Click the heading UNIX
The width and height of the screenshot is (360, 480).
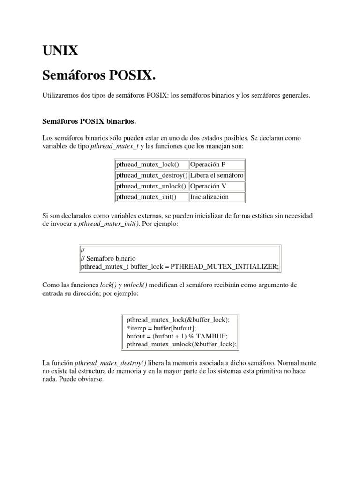coord(60,51)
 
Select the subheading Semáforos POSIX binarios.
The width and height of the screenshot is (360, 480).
coord(89,121)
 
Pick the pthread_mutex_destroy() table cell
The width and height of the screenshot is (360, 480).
coord(152,175)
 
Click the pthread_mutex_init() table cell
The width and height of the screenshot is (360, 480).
coord(146,197)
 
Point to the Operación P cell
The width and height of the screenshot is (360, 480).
coord(208,165)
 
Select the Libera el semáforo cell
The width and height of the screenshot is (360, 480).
coord(217,175)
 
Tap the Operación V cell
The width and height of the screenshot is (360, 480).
coord(208,186)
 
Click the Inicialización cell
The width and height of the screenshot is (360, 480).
coord(210,197)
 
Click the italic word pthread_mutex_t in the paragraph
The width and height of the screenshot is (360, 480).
coord(111,147)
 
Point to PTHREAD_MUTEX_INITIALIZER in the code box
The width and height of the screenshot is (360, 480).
coord(224,267)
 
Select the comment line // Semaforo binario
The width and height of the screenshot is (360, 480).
coord(108,258)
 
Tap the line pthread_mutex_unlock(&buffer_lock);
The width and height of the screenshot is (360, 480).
coord(181,345)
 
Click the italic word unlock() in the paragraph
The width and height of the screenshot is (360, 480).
coord(135,285)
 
